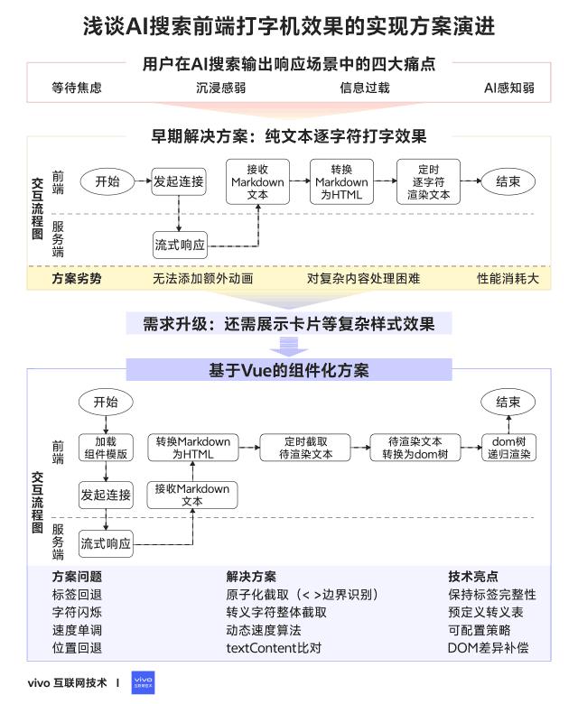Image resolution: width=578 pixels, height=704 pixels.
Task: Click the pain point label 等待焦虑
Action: click(x=77, y=88)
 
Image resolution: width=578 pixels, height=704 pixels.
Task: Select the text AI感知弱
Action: click(x=509, y=88)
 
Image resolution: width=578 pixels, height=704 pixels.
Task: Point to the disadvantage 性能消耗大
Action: click(x=508, y=278)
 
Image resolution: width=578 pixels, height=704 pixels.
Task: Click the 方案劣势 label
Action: click(x=77, y=278)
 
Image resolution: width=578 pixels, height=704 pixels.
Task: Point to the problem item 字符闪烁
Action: click(x=77, y=612)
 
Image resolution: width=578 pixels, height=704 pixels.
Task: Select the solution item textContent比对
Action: click(x=274, y=647)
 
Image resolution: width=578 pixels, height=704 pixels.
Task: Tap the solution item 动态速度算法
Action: click(x=264, y=630)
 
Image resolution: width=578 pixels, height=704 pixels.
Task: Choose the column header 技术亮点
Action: click(x=473, y=576)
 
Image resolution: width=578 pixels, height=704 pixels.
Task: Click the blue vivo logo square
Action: click(x=143, y=681)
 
